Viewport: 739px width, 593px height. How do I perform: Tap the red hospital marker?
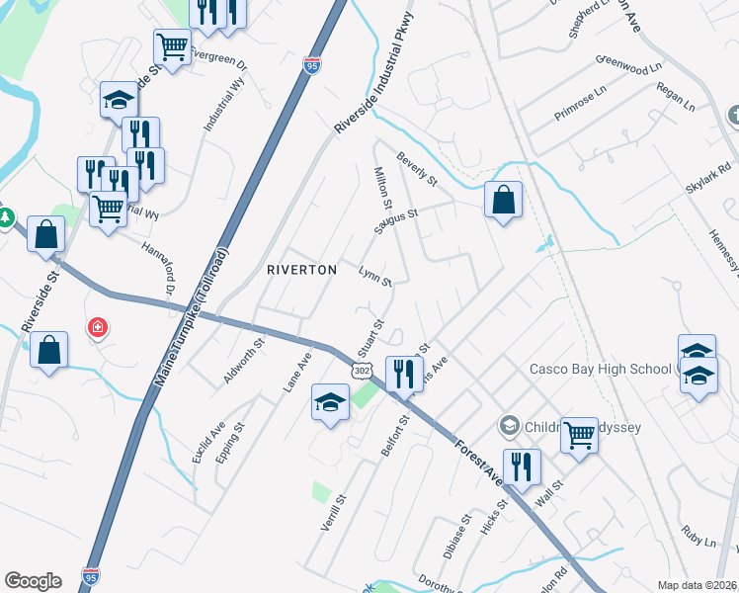coord(97,327)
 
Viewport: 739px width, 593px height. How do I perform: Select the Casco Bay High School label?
coord(601,370)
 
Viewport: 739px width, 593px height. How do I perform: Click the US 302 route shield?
coord(363,370)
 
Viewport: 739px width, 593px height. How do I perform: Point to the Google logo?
coord(33,581)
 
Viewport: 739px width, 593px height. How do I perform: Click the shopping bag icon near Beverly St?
coord(503,200)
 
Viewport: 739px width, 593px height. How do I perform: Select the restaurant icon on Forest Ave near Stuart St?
coord(403,374)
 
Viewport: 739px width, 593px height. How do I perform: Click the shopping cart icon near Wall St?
coord(579,434)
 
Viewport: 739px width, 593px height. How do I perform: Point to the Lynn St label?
coord(375,276)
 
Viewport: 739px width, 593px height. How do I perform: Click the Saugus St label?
coord(396,218)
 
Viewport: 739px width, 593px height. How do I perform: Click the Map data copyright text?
coord(698,585)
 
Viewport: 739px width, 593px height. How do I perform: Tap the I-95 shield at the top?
coord(312,66)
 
